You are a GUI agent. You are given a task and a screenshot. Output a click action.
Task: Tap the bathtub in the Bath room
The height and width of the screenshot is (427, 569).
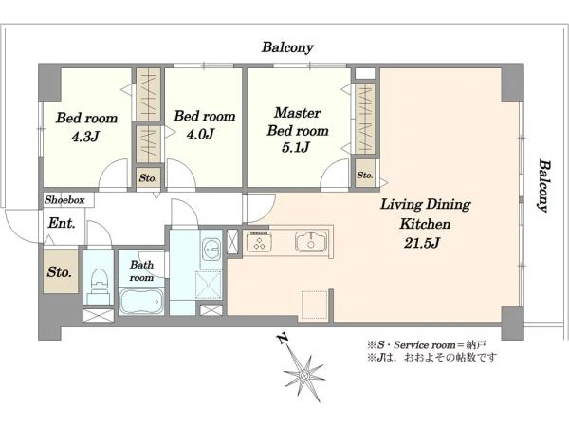point(141,302)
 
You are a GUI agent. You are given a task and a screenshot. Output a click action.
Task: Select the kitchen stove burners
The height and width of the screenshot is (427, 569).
point(259,242)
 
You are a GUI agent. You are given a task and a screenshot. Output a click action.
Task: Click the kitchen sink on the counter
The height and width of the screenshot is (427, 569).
point(311,241)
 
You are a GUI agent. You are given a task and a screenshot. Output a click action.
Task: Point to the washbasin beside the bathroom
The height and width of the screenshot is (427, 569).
point(211,249)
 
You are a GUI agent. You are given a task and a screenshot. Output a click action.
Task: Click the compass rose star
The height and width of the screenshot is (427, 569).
point(304,375)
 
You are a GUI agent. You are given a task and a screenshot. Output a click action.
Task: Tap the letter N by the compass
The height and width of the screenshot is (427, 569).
point(283,339)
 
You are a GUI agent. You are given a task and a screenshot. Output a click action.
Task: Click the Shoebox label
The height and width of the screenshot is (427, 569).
point(64,199)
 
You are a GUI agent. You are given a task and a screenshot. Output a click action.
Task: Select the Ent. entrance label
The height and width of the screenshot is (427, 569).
point(62,223)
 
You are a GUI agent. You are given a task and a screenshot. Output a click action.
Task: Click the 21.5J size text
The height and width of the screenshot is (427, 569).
point(422,243)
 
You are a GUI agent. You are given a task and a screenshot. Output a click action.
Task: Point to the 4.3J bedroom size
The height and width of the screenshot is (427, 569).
point(85,137)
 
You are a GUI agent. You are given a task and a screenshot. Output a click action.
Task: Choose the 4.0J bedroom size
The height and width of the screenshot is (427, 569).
point(200,135)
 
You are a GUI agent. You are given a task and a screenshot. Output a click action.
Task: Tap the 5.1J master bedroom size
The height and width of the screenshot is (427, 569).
point(296,147)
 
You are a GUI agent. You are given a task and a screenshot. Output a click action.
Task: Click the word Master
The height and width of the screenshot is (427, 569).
point(297,113)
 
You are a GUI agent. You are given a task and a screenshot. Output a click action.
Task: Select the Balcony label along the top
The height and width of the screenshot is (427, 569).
point(287,47)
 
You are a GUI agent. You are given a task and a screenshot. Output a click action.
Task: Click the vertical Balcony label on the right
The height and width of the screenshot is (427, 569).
point(544,186)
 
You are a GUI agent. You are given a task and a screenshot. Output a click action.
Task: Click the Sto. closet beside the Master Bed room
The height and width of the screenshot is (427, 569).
point(365,175)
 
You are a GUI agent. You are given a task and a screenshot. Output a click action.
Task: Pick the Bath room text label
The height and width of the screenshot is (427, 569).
point(141,270)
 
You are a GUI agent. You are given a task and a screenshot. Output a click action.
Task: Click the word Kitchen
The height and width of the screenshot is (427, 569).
point(425,224)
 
